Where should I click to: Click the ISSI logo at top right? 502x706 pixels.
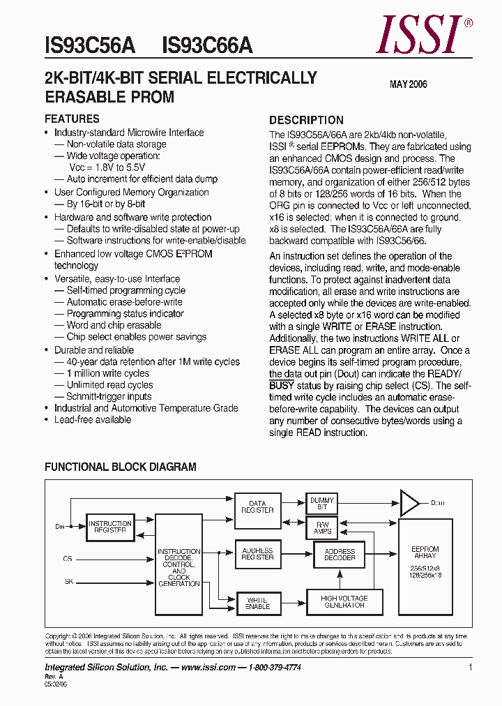(421, 34)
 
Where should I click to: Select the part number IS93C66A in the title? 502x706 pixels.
(207, 46)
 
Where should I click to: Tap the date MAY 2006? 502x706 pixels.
(408, 84)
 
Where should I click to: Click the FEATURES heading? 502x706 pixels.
(72, 119)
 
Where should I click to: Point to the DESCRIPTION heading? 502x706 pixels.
(306, 120)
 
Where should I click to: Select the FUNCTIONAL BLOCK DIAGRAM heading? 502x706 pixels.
(120, 467)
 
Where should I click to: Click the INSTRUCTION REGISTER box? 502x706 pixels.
(110, 527)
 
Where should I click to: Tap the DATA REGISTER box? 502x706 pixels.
(257, 506)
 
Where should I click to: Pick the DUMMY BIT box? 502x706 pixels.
(321, 504)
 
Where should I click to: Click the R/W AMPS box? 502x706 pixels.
(321, 527)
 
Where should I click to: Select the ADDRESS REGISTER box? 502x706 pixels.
(257, 554)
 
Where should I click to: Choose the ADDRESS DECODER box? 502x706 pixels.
(340, 555)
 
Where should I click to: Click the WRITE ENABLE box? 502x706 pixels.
(257, 603)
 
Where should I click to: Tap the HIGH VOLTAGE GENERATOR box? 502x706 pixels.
(344, 601)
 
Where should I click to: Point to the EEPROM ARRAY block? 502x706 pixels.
(425, 565)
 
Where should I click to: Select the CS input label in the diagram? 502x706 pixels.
(67, 559)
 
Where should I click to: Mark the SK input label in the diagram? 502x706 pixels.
(68, 580)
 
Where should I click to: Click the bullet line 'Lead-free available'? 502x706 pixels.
(92, 420)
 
